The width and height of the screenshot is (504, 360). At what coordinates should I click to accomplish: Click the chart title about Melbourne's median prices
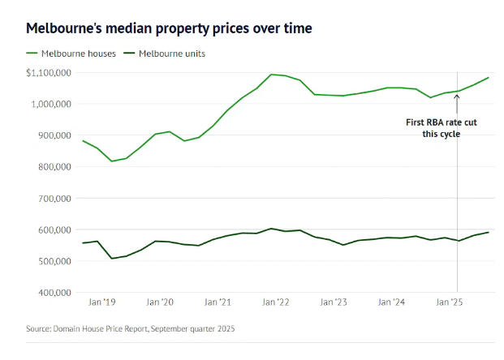pyautogui.click(x=169, y=28)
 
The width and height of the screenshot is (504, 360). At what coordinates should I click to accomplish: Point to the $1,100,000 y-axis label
pyautogui.click(x=49, y=73)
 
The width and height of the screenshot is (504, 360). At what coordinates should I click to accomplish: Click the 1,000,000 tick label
pyautogui.click(x=51, y=104)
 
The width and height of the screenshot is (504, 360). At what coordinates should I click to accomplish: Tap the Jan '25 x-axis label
pyautogui.click(x=450, y=302)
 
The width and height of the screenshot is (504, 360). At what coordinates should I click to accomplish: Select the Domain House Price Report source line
pyautogui.click(x=130, y=328)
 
